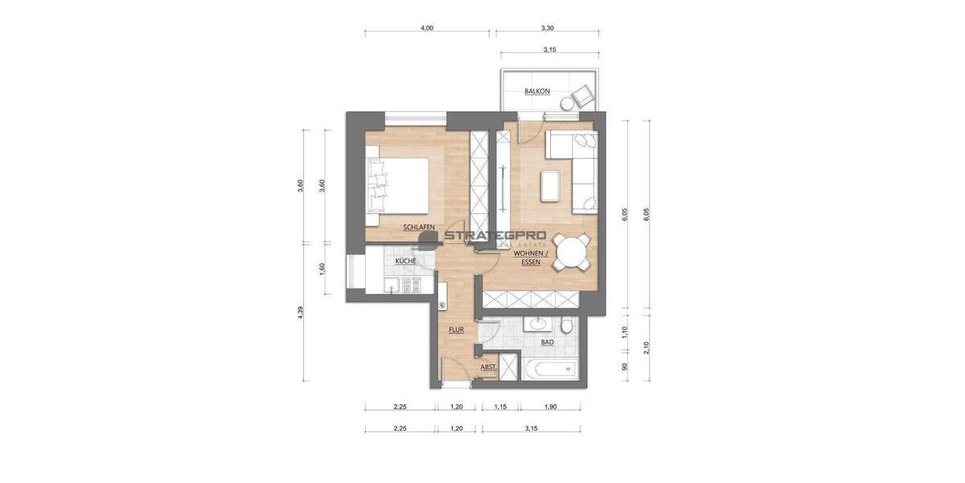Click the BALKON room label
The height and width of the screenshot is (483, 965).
pos(536,91)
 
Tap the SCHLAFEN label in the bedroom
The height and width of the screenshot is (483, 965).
pos(419,228)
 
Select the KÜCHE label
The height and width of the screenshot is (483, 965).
pos(404,262)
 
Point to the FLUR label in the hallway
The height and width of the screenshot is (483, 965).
pos(457,328)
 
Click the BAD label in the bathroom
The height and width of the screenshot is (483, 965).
pos(547,341)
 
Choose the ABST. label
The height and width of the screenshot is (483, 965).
pos(487,367)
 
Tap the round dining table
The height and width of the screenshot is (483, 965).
pos(573,254)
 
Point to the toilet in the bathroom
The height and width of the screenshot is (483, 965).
pos(568,324)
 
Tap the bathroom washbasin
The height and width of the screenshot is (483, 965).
pos(537,324)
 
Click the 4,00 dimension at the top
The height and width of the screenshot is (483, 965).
pos(427,28)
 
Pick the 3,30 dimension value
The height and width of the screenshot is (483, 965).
pos(547,28)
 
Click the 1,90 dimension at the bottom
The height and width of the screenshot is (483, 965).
pos(550,407)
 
